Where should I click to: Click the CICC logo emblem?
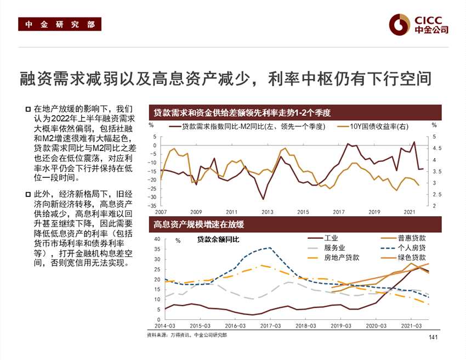tap(399, 24)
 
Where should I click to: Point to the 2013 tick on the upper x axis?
tap(268, 211)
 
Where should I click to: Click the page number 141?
tap(433, 336)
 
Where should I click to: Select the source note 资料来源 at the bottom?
tap(186, 334)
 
